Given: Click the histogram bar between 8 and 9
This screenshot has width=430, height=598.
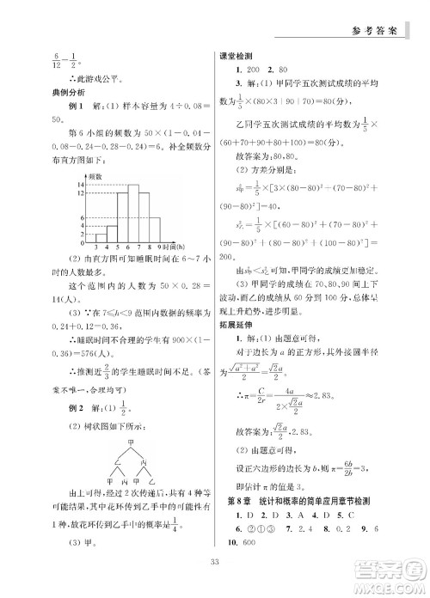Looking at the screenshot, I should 154,228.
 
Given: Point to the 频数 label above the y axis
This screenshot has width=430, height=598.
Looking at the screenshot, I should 91,176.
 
